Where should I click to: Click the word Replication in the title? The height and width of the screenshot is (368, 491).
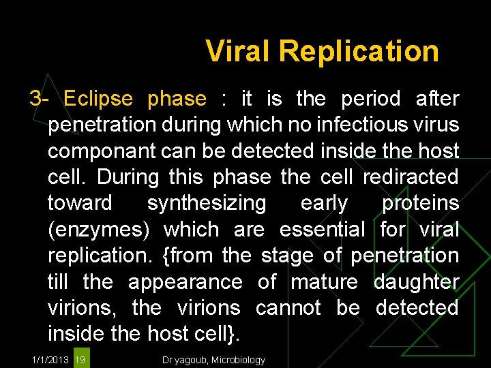pos(359,51)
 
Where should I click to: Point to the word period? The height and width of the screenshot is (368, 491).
pos(371,99)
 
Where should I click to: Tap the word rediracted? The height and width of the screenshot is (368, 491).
pos(411,177)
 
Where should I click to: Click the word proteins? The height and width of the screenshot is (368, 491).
pos(420,203)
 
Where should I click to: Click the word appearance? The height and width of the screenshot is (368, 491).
pos(185,281)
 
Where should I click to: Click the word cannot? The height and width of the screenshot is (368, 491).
pos(288,307)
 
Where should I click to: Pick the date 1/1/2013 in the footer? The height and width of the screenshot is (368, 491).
pos(50,360)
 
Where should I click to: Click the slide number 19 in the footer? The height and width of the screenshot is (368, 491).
pos(80,360)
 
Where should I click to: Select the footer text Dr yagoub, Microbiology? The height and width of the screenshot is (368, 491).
pos(214,360)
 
